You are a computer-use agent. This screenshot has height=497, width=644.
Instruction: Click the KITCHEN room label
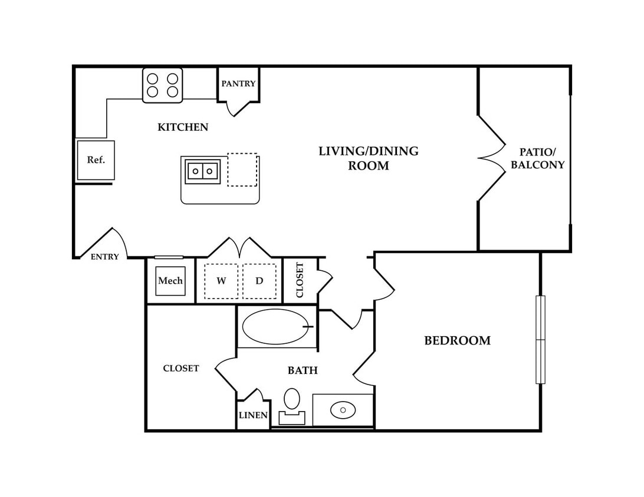(x=183, y=127)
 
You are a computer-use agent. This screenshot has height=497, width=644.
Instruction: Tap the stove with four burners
(x=162, y=85)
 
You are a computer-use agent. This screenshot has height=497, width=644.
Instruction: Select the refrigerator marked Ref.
(x=96, y=160)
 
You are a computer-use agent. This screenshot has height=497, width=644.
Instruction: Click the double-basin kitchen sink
(x=203, y=171)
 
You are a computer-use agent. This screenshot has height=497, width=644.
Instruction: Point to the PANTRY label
(x=238, y=84)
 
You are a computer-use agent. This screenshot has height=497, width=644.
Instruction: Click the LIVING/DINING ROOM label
(x=369, y=158)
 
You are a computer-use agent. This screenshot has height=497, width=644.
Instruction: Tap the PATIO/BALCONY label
(x=538, y=158)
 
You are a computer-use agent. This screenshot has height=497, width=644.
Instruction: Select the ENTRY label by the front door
(x=105, y=257)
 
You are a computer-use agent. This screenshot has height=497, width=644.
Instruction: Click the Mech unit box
(x=170, y=281)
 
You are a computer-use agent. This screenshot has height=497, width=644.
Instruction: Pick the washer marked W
(x=221, y=281)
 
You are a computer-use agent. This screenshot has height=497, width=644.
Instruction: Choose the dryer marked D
(x=259, y=281)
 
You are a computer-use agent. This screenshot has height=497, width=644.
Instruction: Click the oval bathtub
(x=275, y=327)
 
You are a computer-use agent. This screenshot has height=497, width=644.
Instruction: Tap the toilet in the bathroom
(x=292, y=406)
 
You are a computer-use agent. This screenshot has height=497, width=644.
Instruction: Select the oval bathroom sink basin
(x=343, y=410)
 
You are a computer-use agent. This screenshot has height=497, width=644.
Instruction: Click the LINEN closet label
(x=253, y=415)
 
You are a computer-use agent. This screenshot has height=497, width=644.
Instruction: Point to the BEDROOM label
(x=457, y=341)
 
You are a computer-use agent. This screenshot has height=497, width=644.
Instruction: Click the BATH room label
(x=303, y=371)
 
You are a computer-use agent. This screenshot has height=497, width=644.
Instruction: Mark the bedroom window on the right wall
(x=540, y=340)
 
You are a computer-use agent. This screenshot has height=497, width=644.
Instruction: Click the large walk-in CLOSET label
(x=180, y=369)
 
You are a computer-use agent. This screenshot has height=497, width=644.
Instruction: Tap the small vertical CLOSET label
(x=300, y=280)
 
